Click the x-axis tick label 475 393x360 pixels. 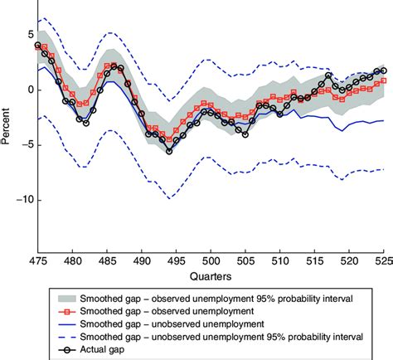pos(37,260)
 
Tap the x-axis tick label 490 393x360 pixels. pos(142,260)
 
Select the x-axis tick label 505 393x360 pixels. pos(245,260)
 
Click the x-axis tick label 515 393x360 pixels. pos(315,260)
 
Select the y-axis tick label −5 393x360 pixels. pos(25,145)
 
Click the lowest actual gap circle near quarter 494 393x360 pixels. pos(169,152)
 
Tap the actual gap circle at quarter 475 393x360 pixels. pos(37,46)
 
